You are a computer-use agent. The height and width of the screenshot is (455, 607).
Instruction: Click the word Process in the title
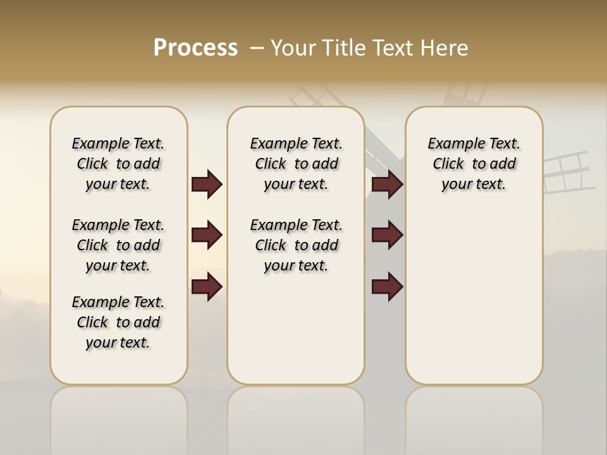195,48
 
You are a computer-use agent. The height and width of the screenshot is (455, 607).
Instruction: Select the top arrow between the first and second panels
207,185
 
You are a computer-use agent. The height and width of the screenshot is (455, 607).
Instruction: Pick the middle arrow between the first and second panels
207,235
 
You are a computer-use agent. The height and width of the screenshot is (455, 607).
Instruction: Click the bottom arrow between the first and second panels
207,287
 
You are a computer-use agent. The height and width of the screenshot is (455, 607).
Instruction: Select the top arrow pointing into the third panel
387,185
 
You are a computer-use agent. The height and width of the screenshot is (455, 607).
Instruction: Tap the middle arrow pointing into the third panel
387,235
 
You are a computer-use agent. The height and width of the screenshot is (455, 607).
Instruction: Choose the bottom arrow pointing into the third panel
387,287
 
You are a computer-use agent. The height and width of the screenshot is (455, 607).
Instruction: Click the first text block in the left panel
118,164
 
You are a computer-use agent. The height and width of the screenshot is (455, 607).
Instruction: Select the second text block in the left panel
118,245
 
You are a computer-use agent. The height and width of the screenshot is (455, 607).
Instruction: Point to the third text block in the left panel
118,322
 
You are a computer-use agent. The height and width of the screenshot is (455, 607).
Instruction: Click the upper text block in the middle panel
296,164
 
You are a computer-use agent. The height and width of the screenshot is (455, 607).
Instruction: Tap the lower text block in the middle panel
296,245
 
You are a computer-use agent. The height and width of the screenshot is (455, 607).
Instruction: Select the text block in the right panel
474,164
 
